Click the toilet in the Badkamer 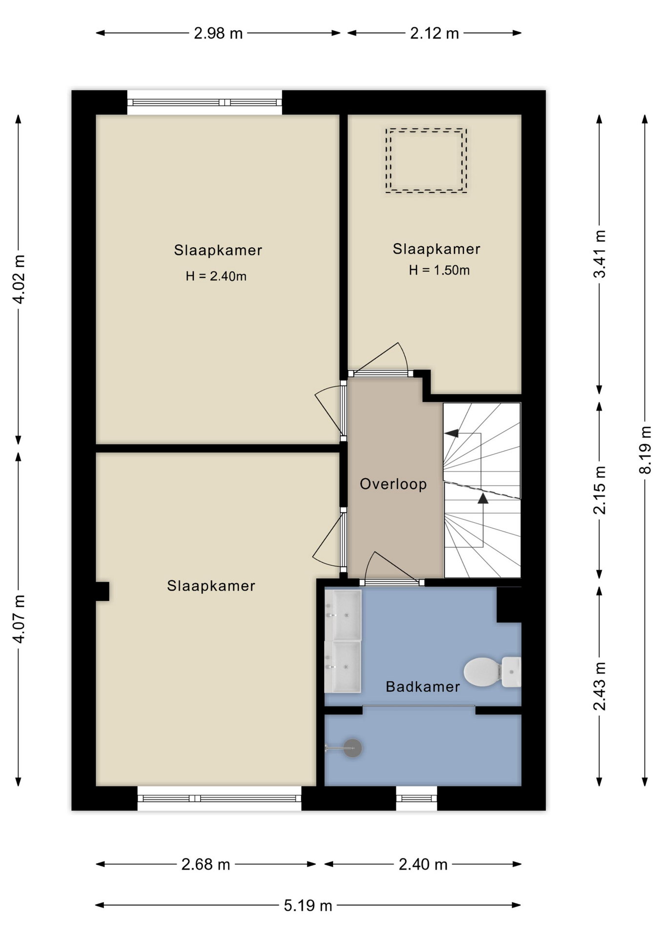[492, 672]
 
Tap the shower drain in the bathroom [352, 748]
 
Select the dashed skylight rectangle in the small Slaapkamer [426, 161]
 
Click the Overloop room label [393, 484]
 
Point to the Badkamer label [423, 687]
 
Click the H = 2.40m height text [216, 276]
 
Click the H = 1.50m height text [439, 270]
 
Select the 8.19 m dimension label [645, 450]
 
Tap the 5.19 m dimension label [308, 905]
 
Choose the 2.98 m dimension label [218, 33]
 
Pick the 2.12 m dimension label [435, 33]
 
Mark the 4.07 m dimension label [19, 619]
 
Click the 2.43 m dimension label [600, 686]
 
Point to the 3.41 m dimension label [600, 254]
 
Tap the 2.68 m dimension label [206, 864]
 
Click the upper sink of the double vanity [343, 615]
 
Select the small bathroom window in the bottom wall [416, 798]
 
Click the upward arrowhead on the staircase [483, 498]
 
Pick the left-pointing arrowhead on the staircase [451, 433]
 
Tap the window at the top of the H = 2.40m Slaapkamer [205, 103]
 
